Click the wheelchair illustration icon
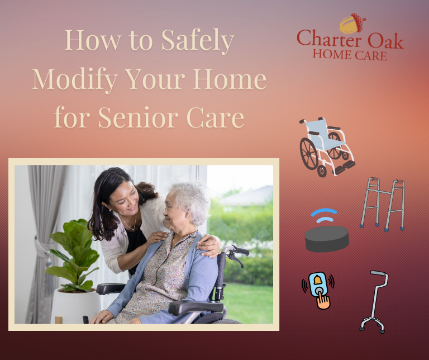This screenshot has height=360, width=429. coord(327,146)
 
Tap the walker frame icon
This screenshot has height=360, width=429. coord(383,204)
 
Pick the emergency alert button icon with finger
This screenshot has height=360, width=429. coord(318,289)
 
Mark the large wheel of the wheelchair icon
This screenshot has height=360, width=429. coord(309,153)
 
